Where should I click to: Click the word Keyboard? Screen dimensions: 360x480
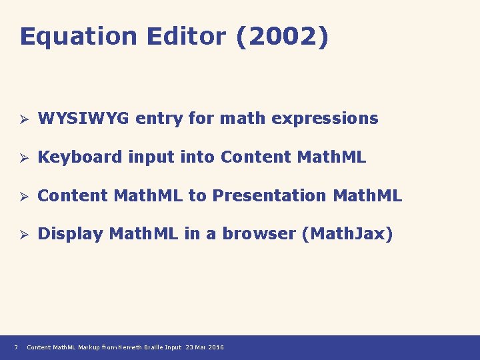click(80, 157)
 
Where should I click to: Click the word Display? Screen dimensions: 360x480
click(70, 234)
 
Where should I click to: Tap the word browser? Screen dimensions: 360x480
click(259, 234)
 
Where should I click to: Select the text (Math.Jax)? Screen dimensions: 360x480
click(347, 234)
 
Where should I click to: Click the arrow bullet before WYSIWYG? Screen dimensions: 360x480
click(22, 119)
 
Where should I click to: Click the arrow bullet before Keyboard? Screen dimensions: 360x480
click(22, 158)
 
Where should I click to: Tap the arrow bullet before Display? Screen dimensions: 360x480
click(22, 235)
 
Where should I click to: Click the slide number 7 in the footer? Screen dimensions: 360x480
click(15, 347)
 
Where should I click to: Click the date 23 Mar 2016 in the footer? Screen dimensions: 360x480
click(205, 347)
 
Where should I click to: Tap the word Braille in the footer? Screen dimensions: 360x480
click(155, 347)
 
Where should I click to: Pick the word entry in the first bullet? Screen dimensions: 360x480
click(159, 119)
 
